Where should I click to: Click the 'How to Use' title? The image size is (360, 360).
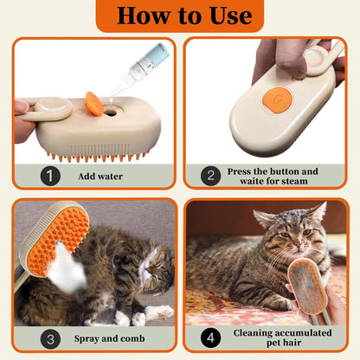(x=179, y=16)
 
